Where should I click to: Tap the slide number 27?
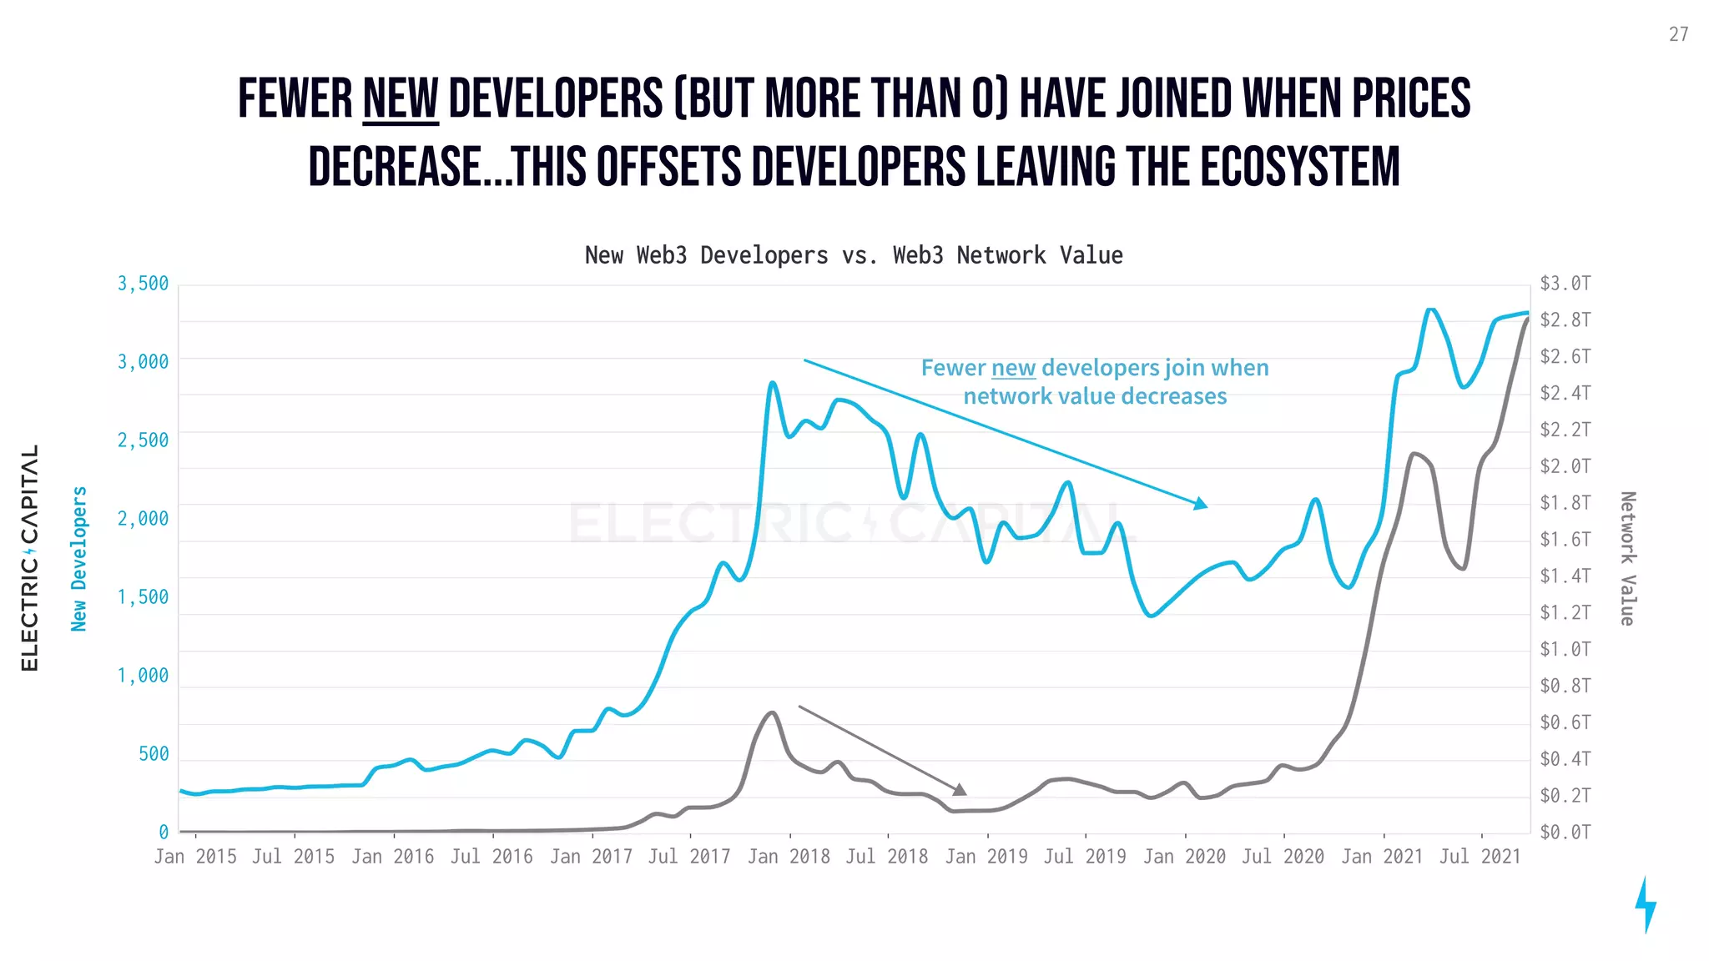pos(1678,34)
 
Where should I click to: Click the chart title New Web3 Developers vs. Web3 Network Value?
pos(854,255)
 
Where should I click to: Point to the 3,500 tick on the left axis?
pos(143,284)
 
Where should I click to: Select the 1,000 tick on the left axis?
pos(143,676)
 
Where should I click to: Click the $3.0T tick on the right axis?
pos(1565,284)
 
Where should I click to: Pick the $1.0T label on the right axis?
pos(1565,649)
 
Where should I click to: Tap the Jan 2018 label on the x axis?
pos(789,857)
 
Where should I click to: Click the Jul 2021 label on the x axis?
pos(1480,857)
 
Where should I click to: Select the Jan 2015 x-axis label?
pos(195,857)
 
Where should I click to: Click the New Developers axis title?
pos(79,559)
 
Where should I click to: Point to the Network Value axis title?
pos(1627,559)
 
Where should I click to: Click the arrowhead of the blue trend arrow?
pos(1201,504)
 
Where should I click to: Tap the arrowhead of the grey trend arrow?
pos(960,789)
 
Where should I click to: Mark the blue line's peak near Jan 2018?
pos(773,384)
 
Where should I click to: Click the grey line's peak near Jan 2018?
pos(772,713)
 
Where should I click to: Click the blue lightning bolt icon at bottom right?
pos(1646,904)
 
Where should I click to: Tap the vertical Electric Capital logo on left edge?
pos(30,557)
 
